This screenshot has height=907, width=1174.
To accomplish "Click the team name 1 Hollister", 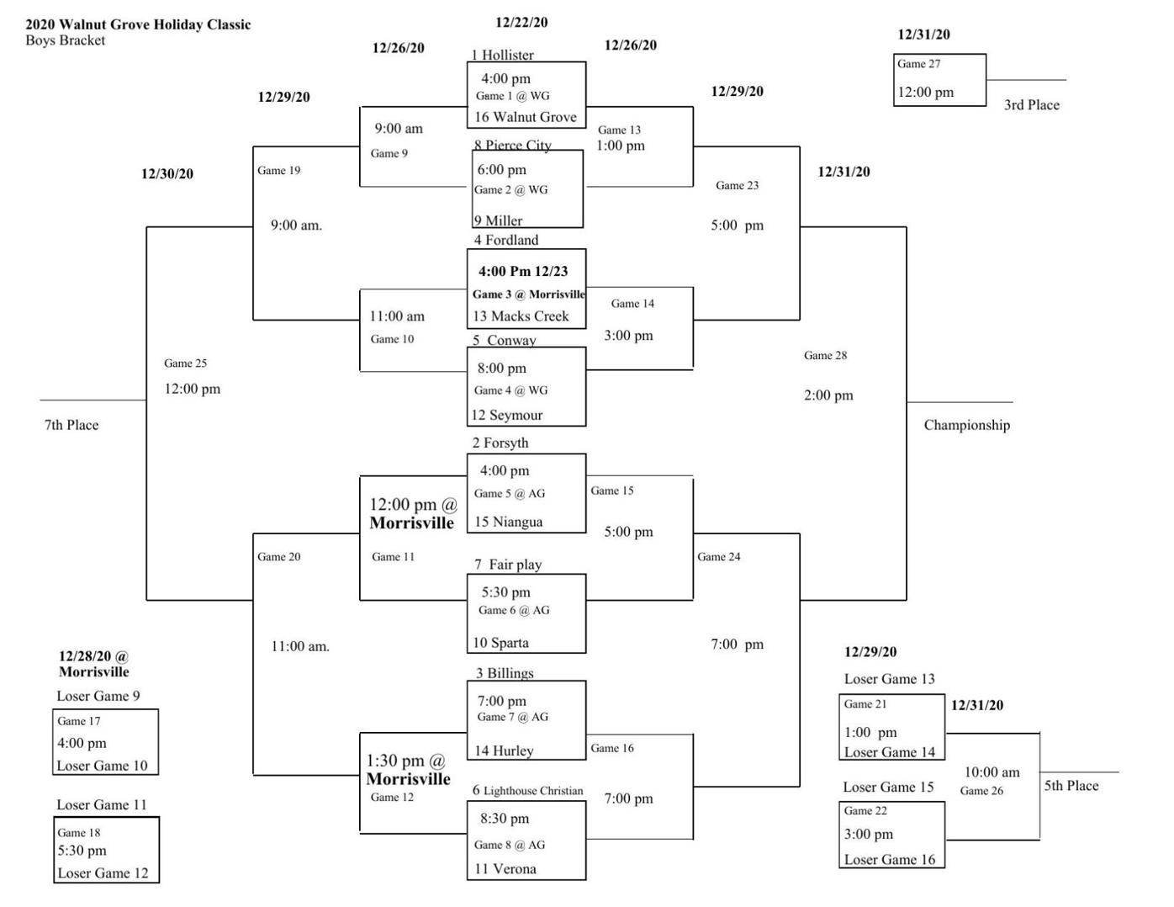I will [x=502, y=55].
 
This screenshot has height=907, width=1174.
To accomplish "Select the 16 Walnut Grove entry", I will [x=526, y=117].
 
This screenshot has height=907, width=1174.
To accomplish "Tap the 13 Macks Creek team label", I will [x=521, y=316].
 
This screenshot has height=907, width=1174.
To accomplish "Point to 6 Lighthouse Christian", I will [x=527, y=790].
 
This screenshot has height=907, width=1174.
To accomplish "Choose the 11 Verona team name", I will [x=505, y=869].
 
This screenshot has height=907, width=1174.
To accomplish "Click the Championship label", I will [x=966, y=425].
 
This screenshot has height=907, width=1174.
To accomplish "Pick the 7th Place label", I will [x=71, y=425].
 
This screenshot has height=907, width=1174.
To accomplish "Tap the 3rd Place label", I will [x=1031, y=105].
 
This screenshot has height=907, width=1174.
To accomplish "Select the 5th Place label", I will [x=1071, y=786].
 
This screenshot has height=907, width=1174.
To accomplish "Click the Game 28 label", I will [x=825, y=355].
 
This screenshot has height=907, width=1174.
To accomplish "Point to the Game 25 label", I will [x=185, y=363].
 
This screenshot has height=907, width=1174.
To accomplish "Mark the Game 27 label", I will [x=918, y=64].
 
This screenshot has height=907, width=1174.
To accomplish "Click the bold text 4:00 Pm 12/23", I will [x=523, y=271].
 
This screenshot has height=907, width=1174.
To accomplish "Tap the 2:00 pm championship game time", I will [x=828, y=395].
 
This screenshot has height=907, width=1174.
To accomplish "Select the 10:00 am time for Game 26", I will [x=992, y=772].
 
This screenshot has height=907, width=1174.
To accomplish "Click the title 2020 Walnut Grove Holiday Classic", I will [x=138, y=24].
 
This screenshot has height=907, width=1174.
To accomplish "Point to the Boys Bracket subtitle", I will [x=66, y=40].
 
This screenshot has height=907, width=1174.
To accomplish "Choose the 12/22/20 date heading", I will [x=521, y=23].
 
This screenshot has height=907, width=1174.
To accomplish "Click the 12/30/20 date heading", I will [x=167, y=174].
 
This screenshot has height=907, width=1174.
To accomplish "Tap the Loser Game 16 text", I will [x=889, y=859].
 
